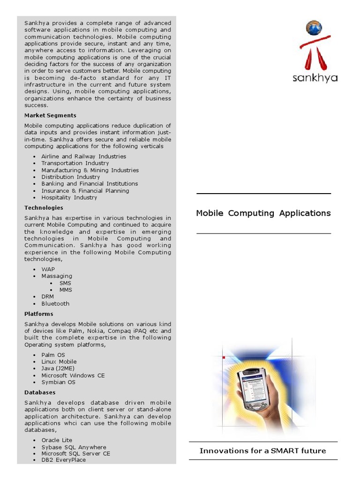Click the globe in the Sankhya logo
tap(314, 29)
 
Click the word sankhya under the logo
tap(315, 78)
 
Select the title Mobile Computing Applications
tap(263, 213)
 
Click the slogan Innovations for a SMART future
tap(262, 451)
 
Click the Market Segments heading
tap(50, 115)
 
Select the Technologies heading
tap(44, 208)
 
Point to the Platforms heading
tap(39, 314)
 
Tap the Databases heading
tap(40, 392)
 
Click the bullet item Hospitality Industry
tap(69, 197)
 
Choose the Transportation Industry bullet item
tap(75, 163)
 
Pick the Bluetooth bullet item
tap(55, 304)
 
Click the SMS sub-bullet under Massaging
tap(65, 283)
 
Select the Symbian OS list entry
tap(58, 382)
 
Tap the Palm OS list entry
tap(53, 355)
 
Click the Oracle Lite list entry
tap(57, 440)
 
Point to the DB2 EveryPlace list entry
tap(63, 460)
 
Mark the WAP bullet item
tap(48, 269)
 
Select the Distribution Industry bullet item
tap(70, 177)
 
